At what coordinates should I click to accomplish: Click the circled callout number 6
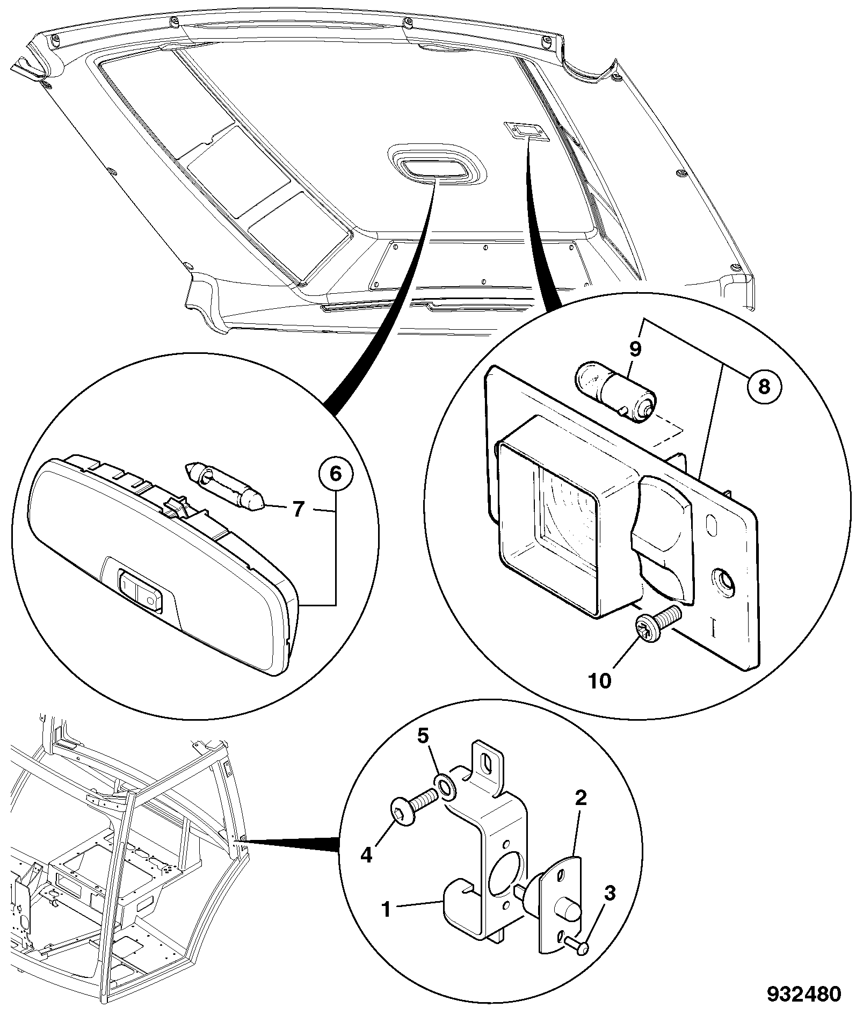[x=335, y=474]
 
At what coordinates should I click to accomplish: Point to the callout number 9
[x=635, y=349]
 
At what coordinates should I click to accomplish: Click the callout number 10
[x=600, y=681]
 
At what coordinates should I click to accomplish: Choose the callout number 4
[x=366, y=854]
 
